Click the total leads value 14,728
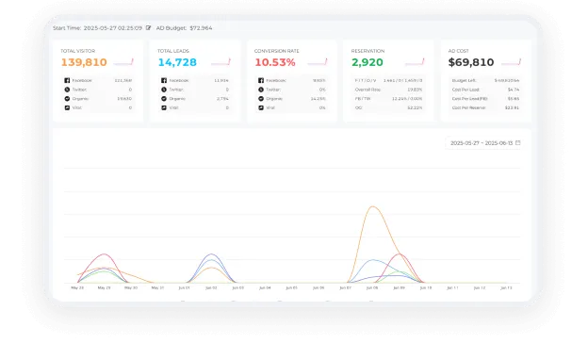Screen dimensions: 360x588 [177, 62]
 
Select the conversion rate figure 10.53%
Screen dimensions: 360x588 [275, 62]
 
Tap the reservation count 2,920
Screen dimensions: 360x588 [367, 62]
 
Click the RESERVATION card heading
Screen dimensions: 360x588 [367, 50]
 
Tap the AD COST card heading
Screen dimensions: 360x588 [458, 50]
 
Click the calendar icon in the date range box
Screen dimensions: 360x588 [517, 142]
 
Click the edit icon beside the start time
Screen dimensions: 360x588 [148, 28]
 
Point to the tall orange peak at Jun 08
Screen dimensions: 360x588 [374, 207]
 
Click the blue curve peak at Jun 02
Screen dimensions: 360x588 [210, 254]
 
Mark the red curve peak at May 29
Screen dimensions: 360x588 [105, 254]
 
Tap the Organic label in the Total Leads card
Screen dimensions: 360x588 [178, 98]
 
